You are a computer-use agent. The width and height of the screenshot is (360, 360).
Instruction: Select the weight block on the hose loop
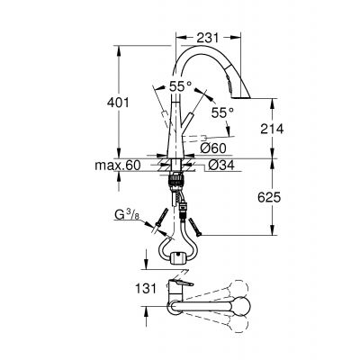tap(176, 259)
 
